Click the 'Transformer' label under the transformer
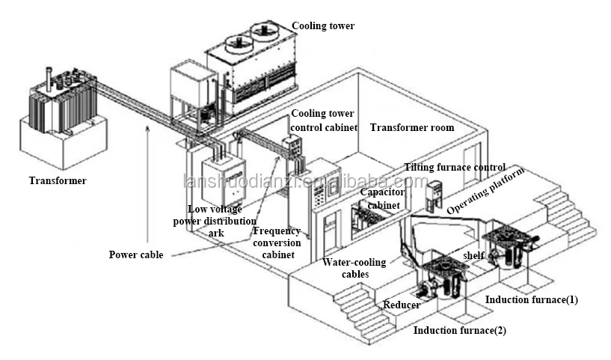58,180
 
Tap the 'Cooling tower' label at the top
323,25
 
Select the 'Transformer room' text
412,127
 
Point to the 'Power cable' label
136,254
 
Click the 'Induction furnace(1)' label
532,299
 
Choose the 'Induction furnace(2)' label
460,330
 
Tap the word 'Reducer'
402,305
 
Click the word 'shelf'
473,255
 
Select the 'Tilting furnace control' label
455,168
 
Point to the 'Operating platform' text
485,191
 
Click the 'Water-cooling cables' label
354,268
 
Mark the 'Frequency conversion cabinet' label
277,242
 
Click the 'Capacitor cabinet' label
383,198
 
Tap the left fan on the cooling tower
238,42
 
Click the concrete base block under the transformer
64,141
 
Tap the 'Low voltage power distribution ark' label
215,221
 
